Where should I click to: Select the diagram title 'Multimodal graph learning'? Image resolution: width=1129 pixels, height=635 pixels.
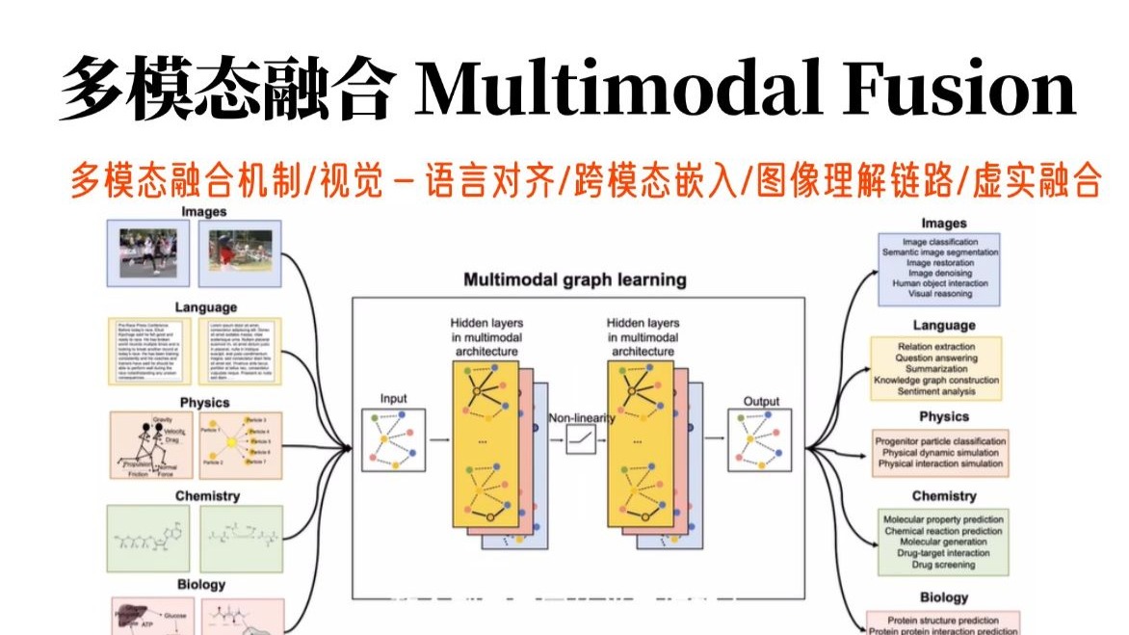click(x=575, y=280)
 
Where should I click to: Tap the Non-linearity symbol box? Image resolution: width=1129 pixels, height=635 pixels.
click(x=580, y=440)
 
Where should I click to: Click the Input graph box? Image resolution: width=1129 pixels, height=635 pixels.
click(x=393, y=440)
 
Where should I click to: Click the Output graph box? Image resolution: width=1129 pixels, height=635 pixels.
click(x=760, y=440)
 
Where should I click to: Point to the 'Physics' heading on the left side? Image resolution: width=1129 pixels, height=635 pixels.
click(x=204, y=402)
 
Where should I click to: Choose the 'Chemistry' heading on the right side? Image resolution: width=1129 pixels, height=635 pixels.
click(x=943, y=496)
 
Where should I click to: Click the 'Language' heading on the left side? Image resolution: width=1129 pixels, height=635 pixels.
click(x=205, y=307)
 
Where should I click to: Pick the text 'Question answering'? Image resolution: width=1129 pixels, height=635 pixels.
click(x=935, y=357)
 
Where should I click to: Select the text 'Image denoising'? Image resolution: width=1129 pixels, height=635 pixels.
click(x=939, y=274)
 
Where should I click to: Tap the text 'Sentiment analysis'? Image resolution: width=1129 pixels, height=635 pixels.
click(x=935, y=392)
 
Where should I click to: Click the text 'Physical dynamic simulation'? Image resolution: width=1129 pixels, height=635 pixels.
click(x=940, y=453)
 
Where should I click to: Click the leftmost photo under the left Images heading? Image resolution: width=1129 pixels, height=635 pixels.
click(x=147, y=251)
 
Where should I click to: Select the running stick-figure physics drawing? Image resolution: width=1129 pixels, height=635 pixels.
click(x=149, y=446)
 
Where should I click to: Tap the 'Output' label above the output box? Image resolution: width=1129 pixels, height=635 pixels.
click(x=761, y=402)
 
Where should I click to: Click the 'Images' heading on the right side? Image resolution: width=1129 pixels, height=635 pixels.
click(x=943, y=224)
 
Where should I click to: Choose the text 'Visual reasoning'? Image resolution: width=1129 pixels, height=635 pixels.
click(x=939, y=295)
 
